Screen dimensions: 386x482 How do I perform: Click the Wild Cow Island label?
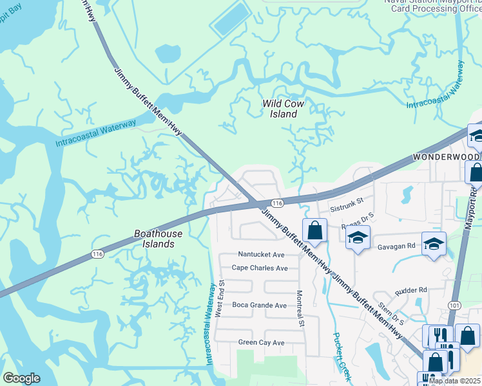(283, 109)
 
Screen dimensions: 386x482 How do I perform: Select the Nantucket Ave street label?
(261, 255)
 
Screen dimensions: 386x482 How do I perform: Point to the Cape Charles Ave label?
(260, 268)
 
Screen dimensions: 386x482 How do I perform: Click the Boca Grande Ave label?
(259, 305)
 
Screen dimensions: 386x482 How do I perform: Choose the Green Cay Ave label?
(261, 343)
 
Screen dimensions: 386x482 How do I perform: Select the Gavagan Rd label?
(396, 246)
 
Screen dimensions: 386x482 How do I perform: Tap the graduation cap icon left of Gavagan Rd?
(357, 237)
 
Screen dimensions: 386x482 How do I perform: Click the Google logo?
(21, 378)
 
